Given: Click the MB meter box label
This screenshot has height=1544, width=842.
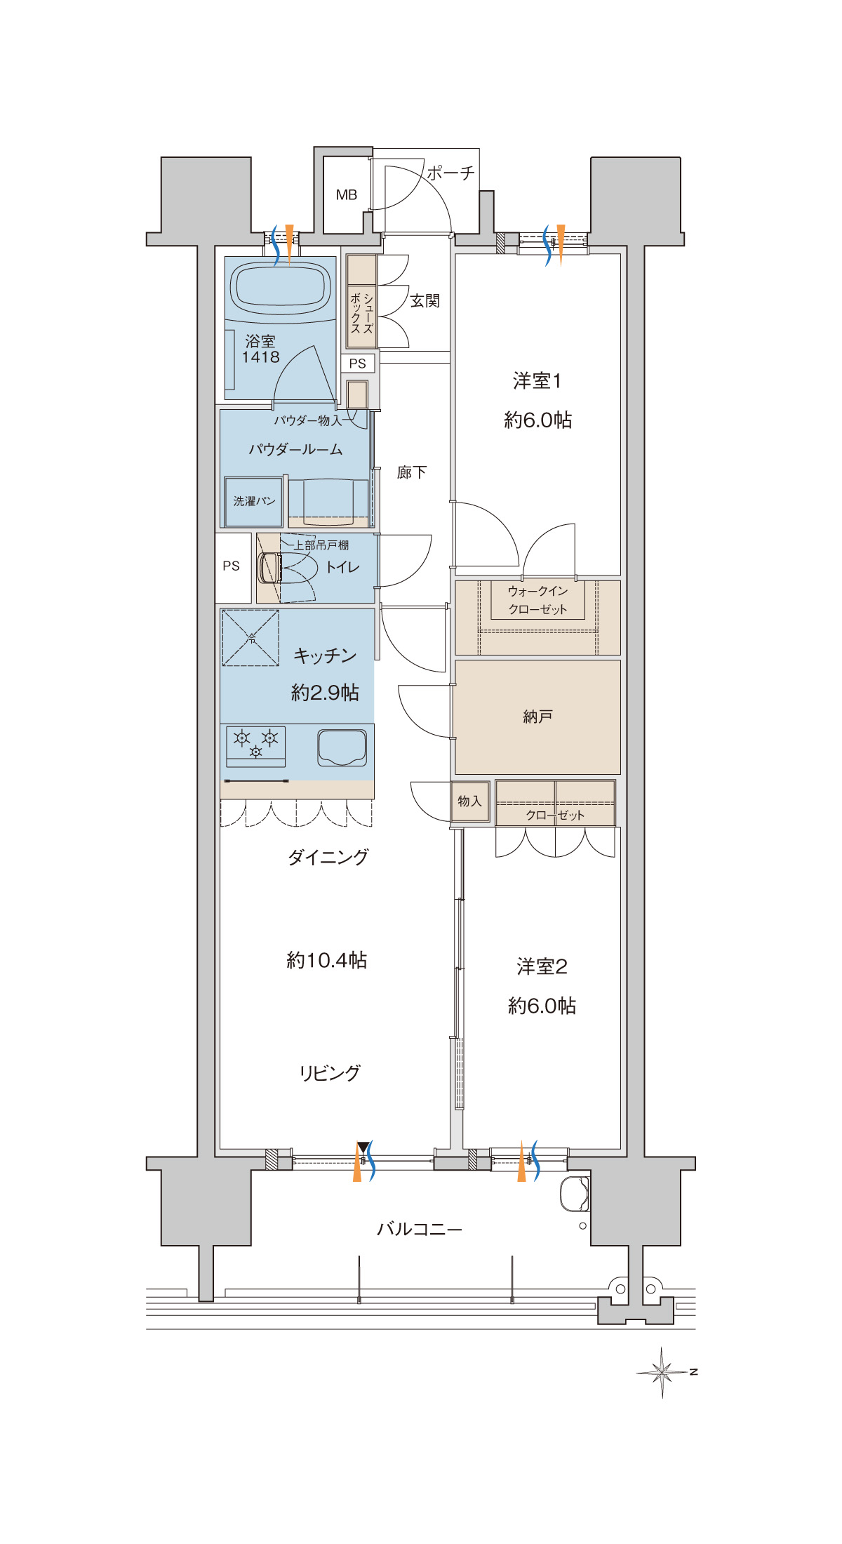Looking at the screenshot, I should pyautogui.click(x=347, y=195).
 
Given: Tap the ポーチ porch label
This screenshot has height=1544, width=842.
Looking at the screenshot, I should pyautogui.click(x=450, y=173).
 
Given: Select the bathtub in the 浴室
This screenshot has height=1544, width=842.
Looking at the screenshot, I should pyautogui.click(x=281, y=288).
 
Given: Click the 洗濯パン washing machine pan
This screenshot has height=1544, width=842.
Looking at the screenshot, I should pyautogui.click(x=253, y=501).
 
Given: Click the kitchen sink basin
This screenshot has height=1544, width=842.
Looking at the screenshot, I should pyautogui.click(x=342, y=747).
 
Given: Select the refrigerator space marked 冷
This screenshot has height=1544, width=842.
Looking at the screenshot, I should pyautogui.click(x=250, y=637).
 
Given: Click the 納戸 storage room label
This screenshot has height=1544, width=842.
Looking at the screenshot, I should pyautogui.click(x=537, y=717).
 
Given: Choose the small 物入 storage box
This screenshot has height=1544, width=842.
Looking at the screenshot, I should pyautogui.click(x=469, y=801).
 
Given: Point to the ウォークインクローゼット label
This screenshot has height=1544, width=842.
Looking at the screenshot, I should pyautogui.click(x=537, y=600).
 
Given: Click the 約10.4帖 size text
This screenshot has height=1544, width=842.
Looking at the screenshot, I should pyautogui.click(x=326, y=960).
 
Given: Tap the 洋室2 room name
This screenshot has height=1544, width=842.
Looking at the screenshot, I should pyautogui.click(x=542, y=966).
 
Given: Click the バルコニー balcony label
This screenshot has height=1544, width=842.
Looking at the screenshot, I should pyautogui.click(x=420, y=1229).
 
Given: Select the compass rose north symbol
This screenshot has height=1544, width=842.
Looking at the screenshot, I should pyautogui.click(x=663, y=1371).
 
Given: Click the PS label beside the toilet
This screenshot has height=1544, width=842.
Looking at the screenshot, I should pyautogui.click(x=231, y=566).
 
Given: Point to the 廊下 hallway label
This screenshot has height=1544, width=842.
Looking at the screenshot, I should pyautogui.click(x=411, y=472).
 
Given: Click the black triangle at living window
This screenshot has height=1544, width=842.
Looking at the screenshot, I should pyautogui.click(x=362, y=1147).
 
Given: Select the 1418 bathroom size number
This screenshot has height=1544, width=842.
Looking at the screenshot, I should pyautogui.click(x=260, y=357).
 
